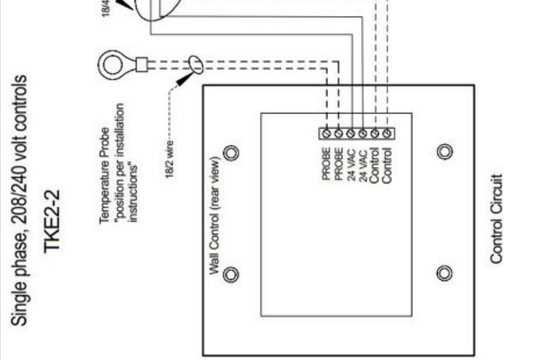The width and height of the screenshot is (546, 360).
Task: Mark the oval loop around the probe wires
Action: pos(195,65)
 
